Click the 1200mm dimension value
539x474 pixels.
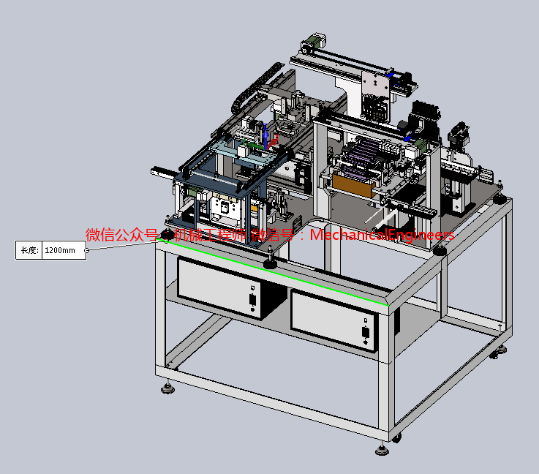[60, 250]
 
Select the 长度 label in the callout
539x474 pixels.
[29, 250]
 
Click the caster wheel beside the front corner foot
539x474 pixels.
[397, 437]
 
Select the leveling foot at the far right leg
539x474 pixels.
[502, 350]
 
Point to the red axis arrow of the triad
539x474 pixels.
[274, 143]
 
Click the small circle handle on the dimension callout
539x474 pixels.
[87, 250]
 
